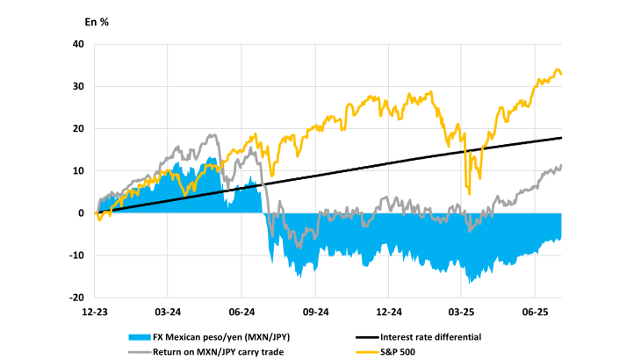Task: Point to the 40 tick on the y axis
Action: [x=77, y=44]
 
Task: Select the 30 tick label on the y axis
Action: [x=77, y=86]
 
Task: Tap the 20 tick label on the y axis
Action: [x=77, y=128]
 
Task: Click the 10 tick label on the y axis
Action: [x=77, y=170]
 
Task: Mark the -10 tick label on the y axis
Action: [x=76, y=256]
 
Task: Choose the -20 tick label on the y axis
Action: [x=76, y=298]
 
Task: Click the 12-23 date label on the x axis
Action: [x=95, y=312]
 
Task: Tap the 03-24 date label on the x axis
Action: [x=168, y=312]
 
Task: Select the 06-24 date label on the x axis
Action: [x=241, y=312]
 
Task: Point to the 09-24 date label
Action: [x=315, y=312]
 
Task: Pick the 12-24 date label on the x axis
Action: [x=388, y=312]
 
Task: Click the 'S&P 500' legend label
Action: [x=400, y=351]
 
